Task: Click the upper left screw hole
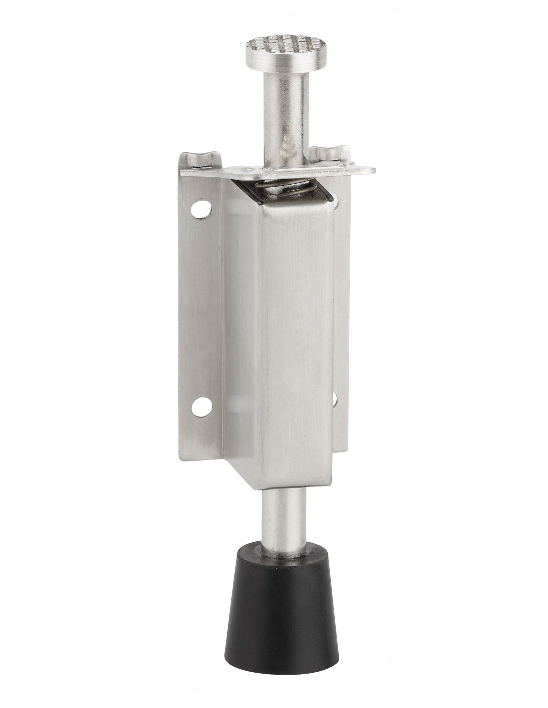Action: pyautogui.click(x=201, y=210)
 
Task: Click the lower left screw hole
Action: pyautogui.click(x=202, y=407)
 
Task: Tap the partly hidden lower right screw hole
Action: pyautogui.click(x=334, y=399)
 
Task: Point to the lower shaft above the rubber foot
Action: pyautogui.click(x=281, y=518)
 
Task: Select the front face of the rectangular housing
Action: pyautogui.click(x=295, y=339)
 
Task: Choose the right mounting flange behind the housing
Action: pyautogui.click(x=341, y=309)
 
